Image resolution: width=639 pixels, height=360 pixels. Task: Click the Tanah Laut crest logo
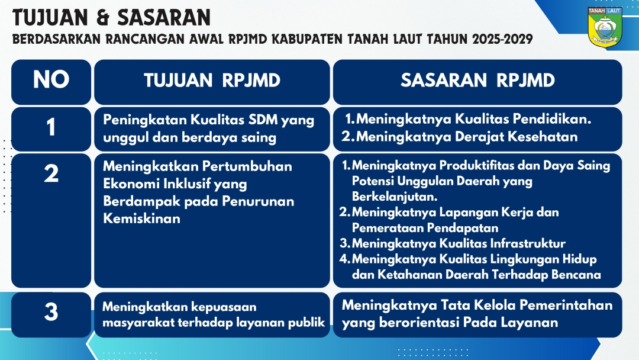(605, 27)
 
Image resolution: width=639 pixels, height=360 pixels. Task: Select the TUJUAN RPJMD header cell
(212, 82)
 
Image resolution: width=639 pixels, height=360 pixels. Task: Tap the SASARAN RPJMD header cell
(477, 82)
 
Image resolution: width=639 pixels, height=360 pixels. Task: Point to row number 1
(51, 128)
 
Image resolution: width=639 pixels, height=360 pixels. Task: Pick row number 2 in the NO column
(51, 173)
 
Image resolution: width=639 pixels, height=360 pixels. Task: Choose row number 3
(51, 312)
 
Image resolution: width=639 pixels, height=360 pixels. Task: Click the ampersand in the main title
(103, 18)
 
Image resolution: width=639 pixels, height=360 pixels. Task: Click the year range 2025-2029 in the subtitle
(502, 39)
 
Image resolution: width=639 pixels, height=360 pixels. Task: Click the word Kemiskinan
(141, 218)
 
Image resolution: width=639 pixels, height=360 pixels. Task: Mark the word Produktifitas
(475, 166)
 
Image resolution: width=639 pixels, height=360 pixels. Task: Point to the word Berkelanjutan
(395, 197)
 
